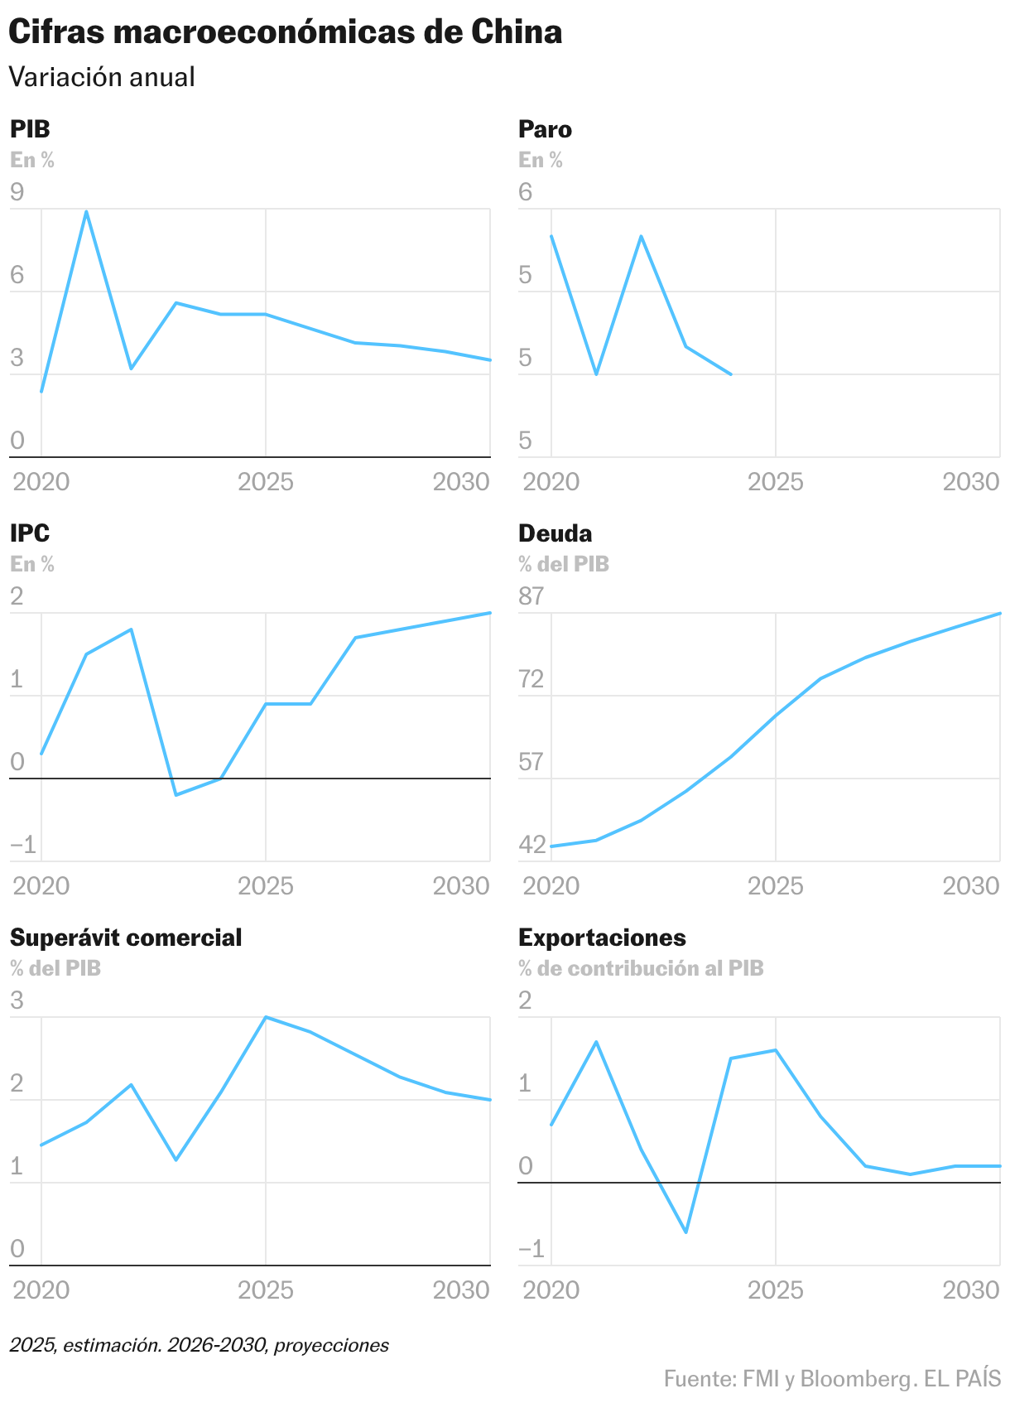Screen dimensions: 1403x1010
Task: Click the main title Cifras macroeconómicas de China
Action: tap(285, 32)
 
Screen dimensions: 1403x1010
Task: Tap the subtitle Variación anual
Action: tap(102, 77)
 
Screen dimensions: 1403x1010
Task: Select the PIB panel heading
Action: tap(30, 129)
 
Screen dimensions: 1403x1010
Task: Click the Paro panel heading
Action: tap(545, 129)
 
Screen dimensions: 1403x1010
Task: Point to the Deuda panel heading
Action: tap(555, 533)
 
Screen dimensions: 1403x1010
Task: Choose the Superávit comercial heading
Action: tap(126, 938)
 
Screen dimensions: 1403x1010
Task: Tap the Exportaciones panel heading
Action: tap(602, 938)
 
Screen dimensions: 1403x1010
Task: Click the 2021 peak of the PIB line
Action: tap(86, 211)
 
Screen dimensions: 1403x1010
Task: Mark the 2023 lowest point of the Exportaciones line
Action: tap(686, 1232)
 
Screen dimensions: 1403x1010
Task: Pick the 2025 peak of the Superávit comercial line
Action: tap(265, 1017)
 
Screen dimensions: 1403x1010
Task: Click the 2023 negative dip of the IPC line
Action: tap(176, 795)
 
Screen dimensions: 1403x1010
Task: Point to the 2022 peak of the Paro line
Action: tap(641, 236)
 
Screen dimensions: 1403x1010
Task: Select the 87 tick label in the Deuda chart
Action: tap(531, 596)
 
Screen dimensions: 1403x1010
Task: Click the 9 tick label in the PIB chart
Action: tap(17, 192)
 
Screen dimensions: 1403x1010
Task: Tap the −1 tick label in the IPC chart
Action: tap(23, 845)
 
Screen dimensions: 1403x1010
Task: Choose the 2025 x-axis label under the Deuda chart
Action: tap(775, 886)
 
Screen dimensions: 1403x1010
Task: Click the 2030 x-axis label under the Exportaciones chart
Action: tap(971, 1290)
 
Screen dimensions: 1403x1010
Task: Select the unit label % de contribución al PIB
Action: tap(641, 968)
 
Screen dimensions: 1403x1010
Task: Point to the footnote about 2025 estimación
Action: tap(200, 1345)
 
